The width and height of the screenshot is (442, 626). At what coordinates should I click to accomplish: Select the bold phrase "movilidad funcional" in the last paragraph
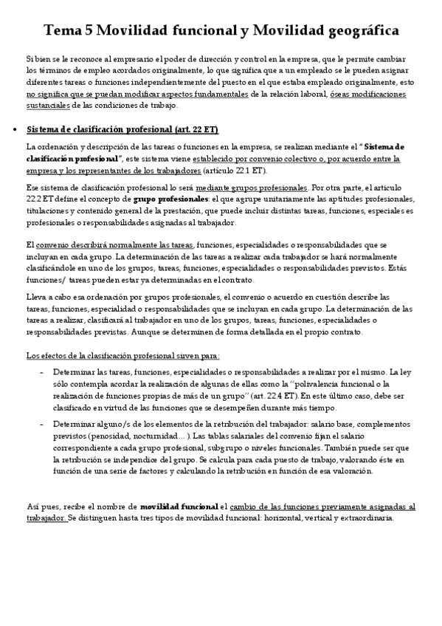click(x=179, y=507)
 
